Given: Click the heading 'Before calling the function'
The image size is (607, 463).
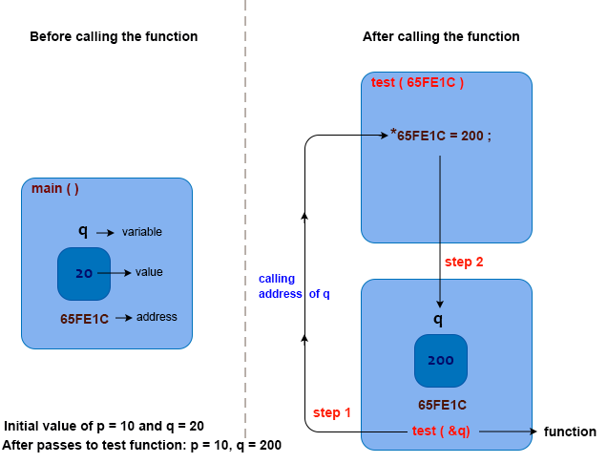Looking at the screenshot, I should pyautogui.click(x=114, y=37).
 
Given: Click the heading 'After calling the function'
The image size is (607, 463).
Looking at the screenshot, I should pyautogui.click(x=441, y=37).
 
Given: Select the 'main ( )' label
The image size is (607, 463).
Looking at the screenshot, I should pyautogui.click(x=55, y=188).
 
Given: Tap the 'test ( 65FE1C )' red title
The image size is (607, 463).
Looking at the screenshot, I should pyautogui.click(x=417, y=83).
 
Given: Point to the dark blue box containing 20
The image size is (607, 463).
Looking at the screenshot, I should pyautogui.click(x=84, y=273).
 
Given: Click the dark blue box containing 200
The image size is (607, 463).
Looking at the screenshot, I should pyautogui.click(x=440, y=360).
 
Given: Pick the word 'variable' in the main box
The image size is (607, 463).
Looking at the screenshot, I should pyautogui.click(x=141, y=232).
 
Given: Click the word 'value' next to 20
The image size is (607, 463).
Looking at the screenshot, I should pyautogui.click(x=149, y=272).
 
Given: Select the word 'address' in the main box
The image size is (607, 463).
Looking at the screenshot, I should pyautogui.click(x=157, y=317).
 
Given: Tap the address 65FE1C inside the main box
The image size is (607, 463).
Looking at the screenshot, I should pyautogui.click(x=84, y=318).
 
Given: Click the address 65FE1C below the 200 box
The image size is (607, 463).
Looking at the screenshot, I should pyautogui.click(x=442, y=405).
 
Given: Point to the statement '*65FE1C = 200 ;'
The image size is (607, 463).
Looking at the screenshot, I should pyautogui.click(x=441, y=136).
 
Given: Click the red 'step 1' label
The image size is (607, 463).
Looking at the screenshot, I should pyautogui.click(x=332, y=412).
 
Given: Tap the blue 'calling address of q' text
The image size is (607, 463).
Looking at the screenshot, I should pyautogui.click(x=293, y=286).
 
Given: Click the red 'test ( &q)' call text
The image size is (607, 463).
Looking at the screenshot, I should pyautogui.click(x=441, y=431).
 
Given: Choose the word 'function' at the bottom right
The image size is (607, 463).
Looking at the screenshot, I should pyautogui.click(x=570, y=431).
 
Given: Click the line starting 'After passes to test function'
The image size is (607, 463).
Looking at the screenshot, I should pyautogui.click(x=141, y=445).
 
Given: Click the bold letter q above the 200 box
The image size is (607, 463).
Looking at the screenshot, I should pyautogui.click(x=438, y=319).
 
